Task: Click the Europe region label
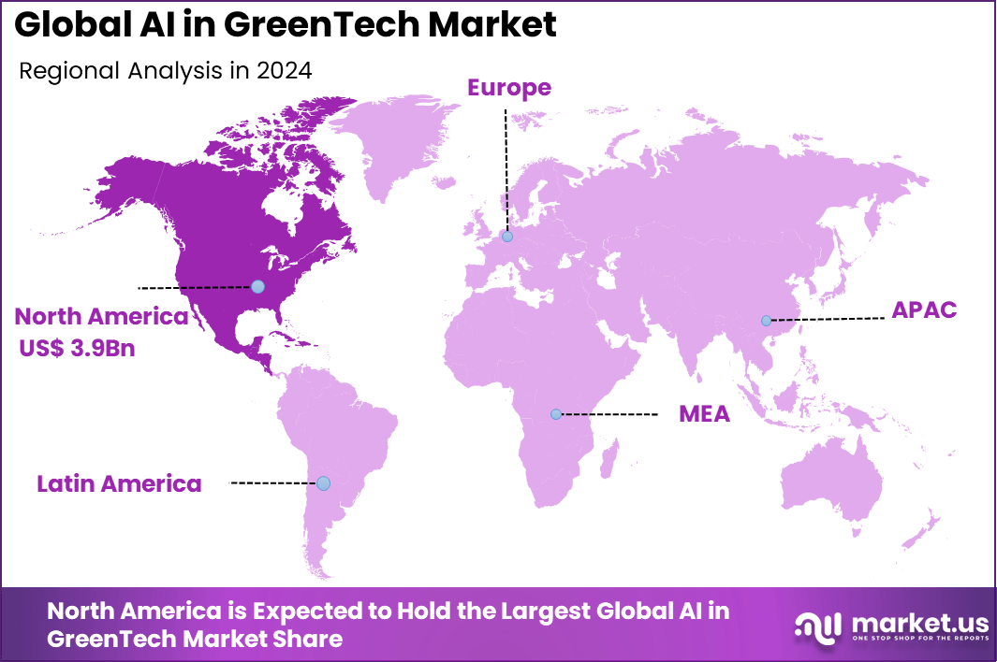(509, 88)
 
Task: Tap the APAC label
(924, 310)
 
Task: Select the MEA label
(704, 414)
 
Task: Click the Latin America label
(119, 483)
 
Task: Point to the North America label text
(101, 316)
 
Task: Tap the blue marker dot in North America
(258, 286)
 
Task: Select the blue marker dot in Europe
(507, 237)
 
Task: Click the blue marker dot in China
(767, 321)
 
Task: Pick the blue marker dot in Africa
(556, 413)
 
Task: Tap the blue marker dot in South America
(323, 483)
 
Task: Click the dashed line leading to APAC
(828, 319)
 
